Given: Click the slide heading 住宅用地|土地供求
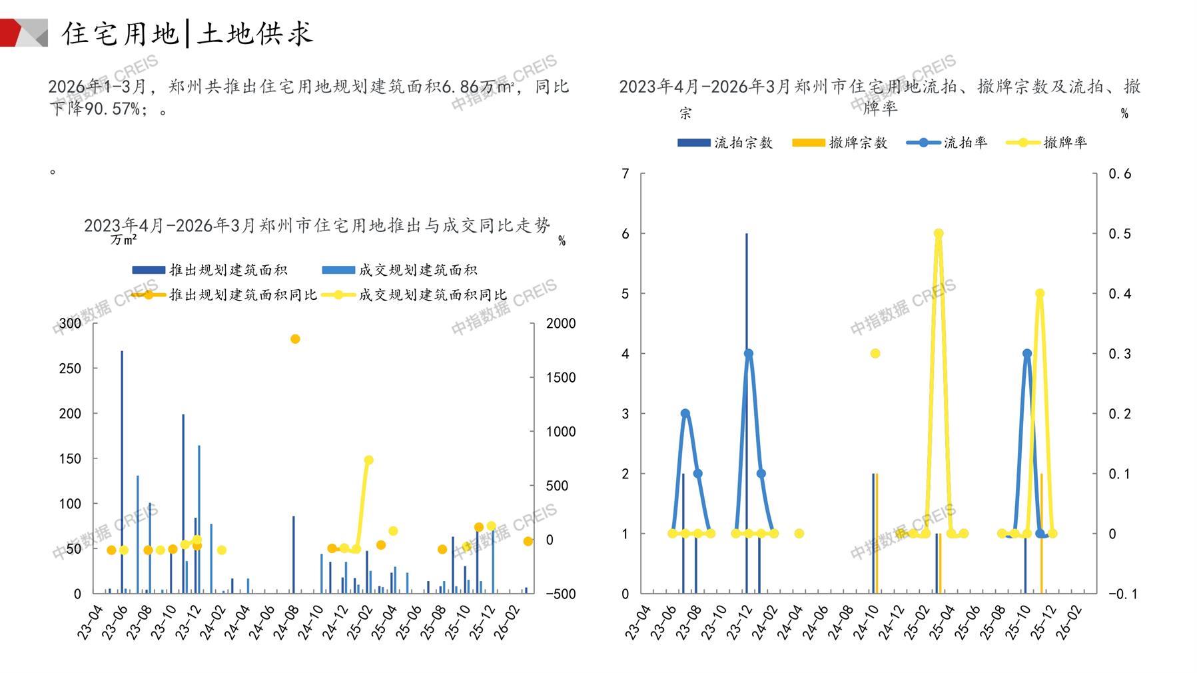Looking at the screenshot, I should [188, 33].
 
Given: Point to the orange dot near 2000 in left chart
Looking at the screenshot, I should [295, 339].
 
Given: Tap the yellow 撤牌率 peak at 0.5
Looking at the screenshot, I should [939, 234].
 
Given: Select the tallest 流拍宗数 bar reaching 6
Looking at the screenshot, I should [747, 413].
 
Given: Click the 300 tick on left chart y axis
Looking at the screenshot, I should [70, 323].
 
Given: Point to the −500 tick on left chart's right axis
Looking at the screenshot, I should [560, 594].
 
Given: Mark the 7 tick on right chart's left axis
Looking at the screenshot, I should [625, 174].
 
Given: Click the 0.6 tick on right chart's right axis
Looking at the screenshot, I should [1120, 174].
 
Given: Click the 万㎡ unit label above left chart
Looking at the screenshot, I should [124, 240].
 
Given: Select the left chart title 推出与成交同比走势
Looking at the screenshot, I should [316, 226].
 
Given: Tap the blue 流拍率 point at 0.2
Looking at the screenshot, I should [685, 414].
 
